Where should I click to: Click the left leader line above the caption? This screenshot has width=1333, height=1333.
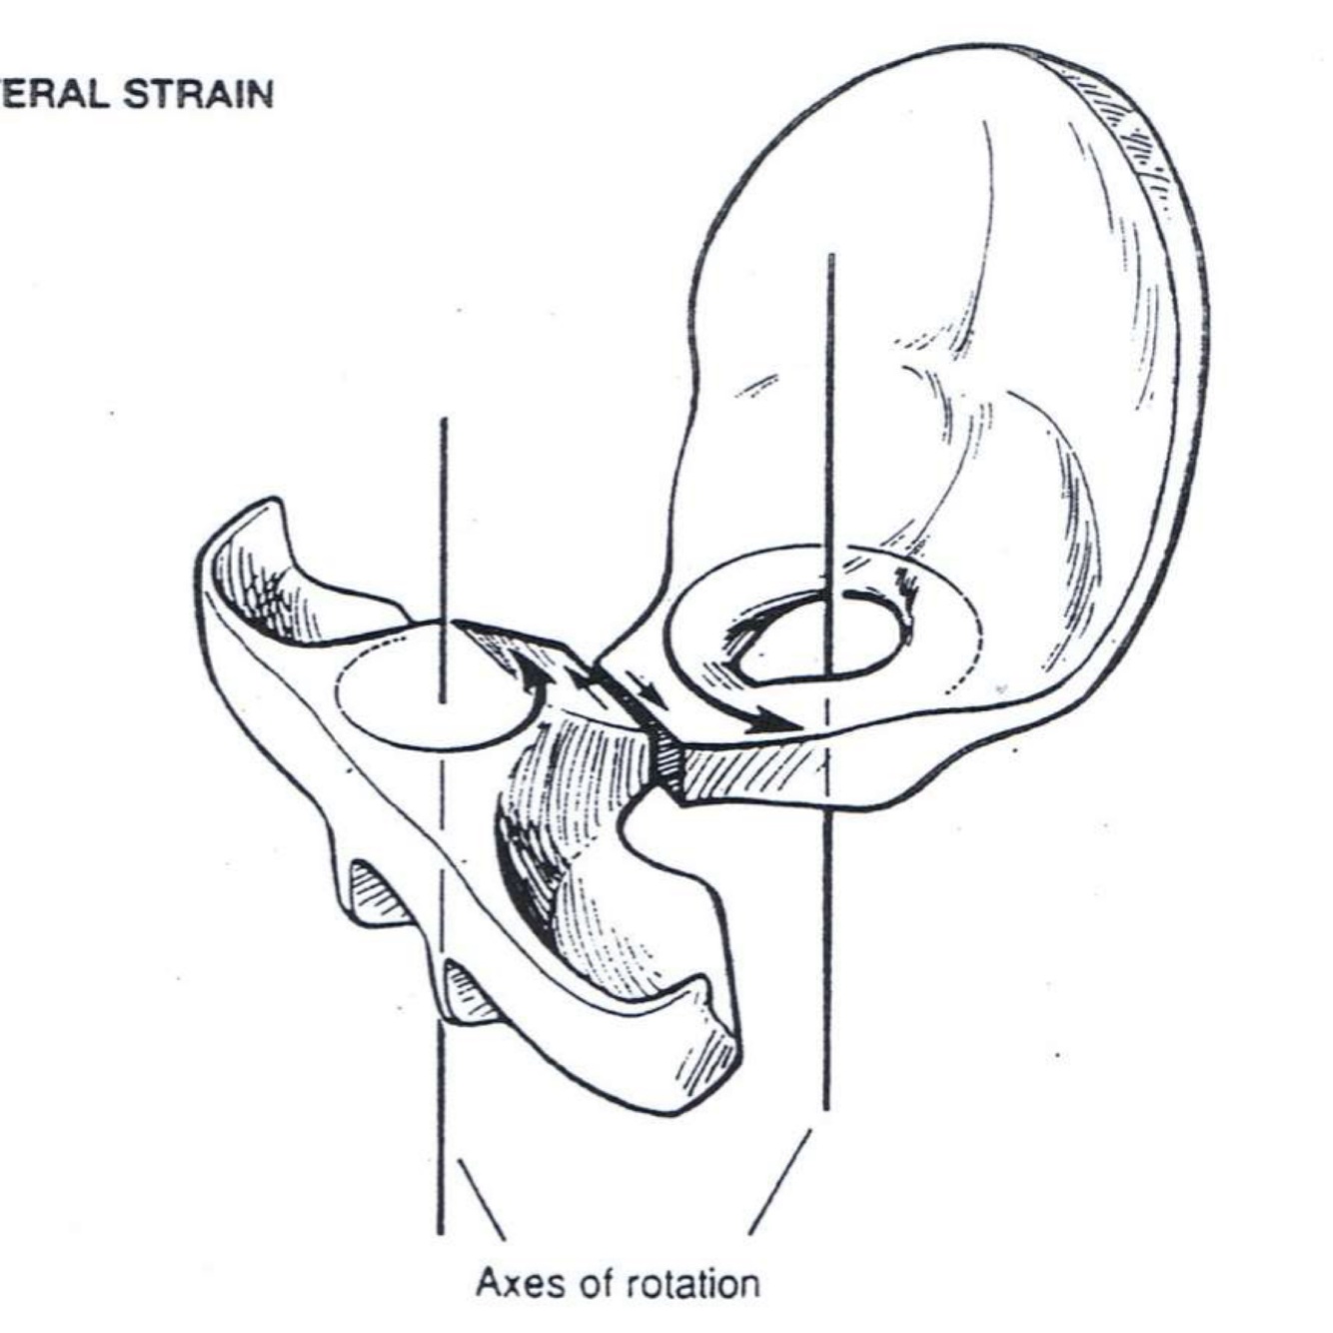479,1198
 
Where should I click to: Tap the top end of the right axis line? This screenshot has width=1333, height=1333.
830,257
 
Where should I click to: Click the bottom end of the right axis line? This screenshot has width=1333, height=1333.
825,1107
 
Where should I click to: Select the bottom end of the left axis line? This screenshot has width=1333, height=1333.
440,1231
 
